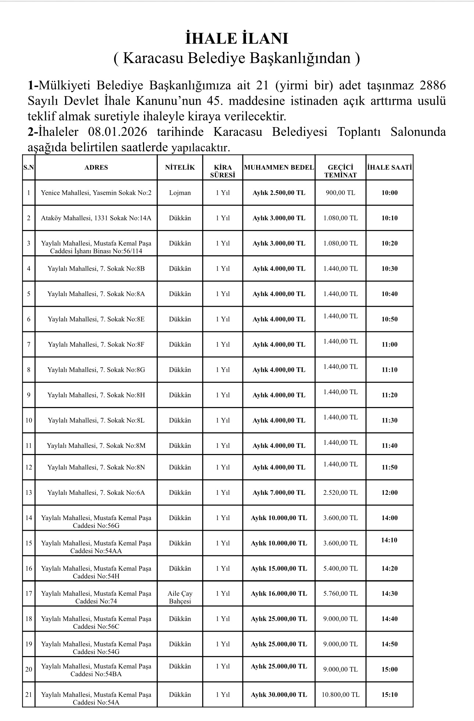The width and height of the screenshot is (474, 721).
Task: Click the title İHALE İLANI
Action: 237,39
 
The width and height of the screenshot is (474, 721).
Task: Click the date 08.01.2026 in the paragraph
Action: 117,132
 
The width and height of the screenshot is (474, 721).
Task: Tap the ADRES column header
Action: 96,167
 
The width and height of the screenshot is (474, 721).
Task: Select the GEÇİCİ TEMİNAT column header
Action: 341,171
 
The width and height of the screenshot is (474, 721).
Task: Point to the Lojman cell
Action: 180,193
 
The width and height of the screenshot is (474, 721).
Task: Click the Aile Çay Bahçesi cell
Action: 180,597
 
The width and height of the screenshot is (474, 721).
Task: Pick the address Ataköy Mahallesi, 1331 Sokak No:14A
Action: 96,218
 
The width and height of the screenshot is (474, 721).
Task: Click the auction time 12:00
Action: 389,493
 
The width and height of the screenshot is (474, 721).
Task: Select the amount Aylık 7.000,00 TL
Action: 279,493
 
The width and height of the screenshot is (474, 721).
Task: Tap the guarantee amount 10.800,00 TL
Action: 341,695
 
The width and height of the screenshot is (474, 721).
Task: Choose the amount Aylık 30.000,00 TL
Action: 279,695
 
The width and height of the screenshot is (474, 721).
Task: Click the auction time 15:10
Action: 389,695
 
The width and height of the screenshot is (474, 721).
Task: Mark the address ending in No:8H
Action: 96,395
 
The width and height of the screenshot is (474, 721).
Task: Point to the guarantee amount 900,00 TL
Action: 341,193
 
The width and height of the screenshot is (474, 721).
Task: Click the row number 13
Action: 29,493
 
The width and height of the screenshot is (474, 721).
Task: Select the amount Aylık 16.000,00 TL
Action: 279,594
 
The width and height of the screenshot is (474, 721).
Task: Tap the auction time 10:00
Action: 389,193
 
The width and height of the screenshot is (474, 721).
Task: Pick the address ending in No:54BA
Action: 96,670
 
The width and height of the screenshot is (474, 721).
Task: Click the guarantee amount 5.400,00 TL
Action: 341,569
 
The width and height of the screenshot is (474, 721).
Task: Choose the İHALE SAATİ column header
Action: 389,167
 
